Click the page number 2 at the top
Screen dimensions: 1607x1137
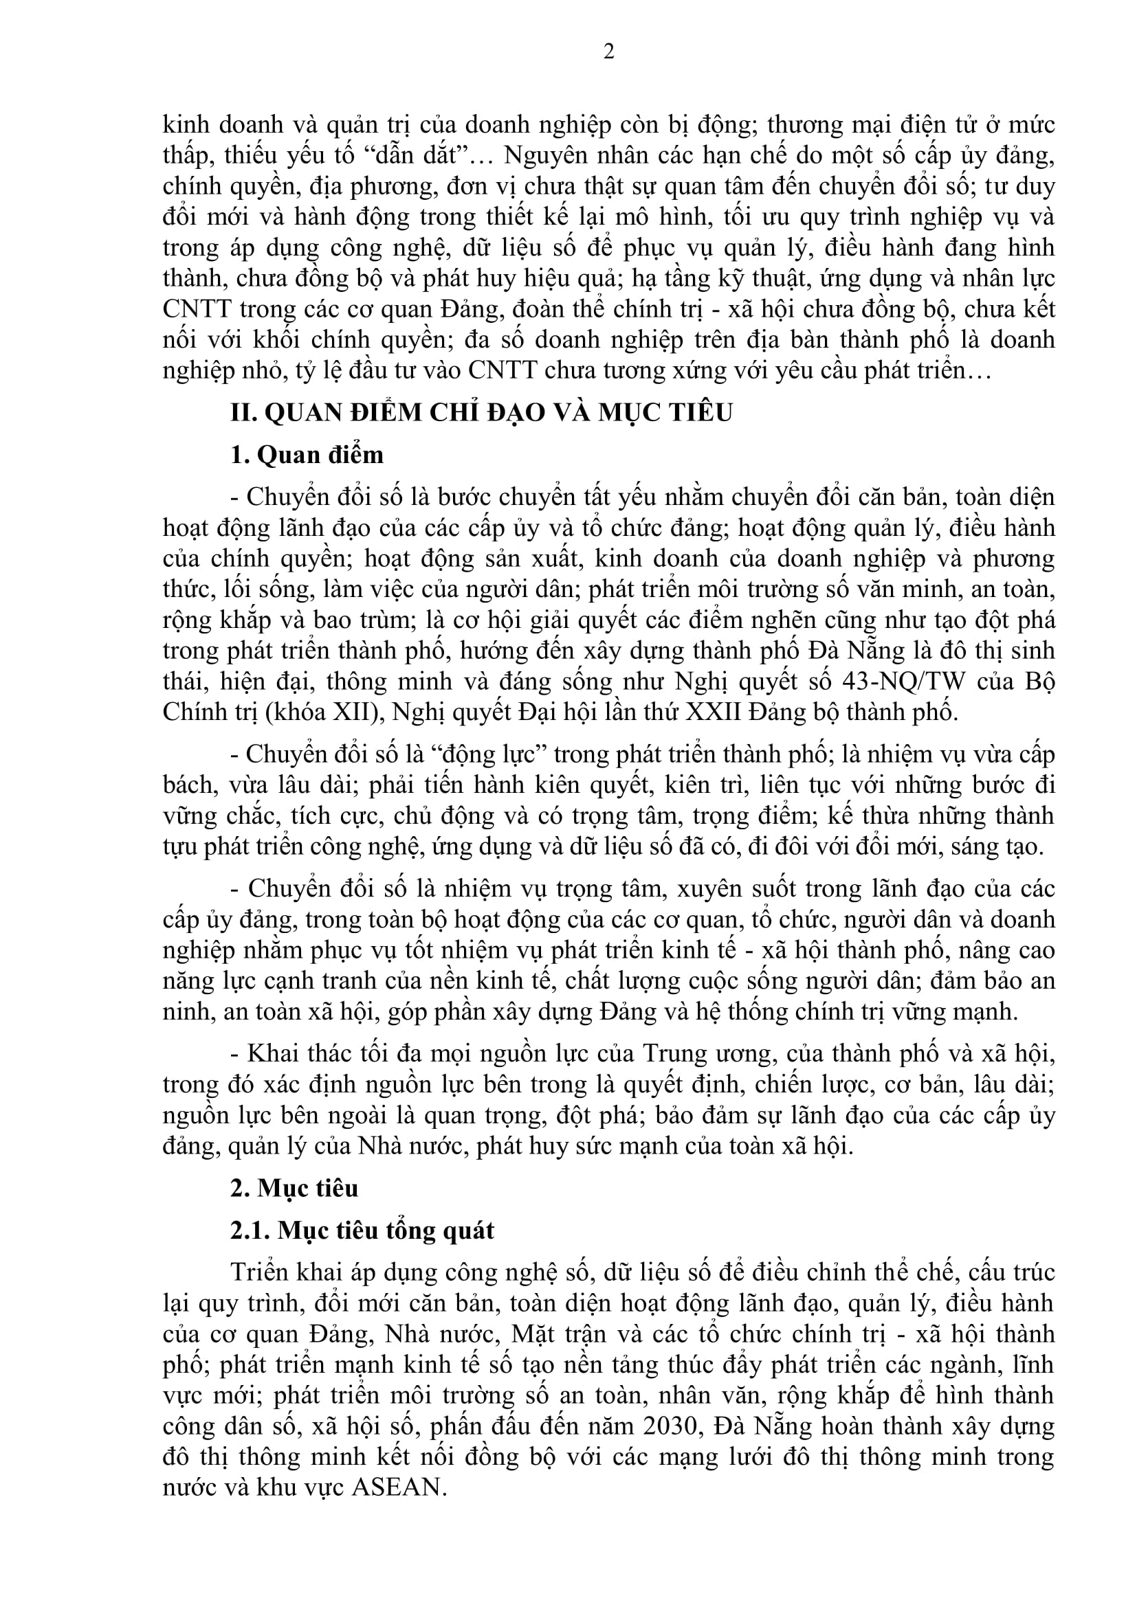pos(608,51)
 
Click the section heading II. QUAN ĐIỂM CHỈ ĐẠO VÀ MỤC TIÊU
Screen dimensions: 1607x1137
pos(481,413)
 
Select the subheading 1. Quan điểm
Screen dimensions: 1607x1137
pos(307,455)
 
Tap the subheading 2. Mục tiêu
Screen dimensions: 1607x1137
pos(294,1188)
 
